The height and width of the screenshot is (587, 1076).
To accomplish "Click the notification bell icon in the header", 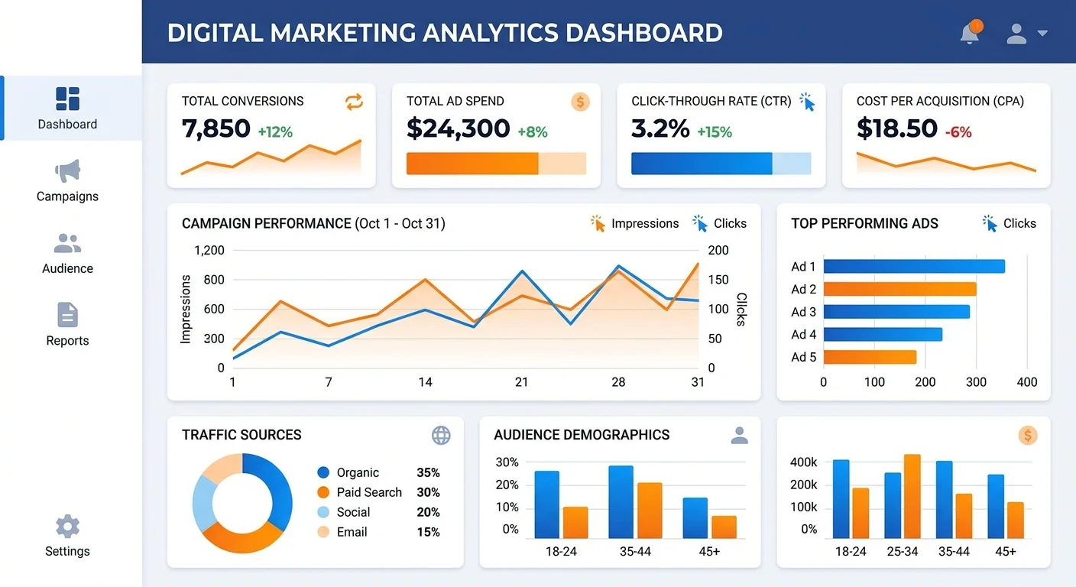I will [x=970, y=33].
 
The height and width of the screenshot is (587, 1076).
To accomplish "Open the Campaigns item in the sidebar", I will [x=67, y=181].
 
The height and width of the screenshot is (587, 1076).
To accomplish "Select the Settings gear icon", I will [x=67, y=527].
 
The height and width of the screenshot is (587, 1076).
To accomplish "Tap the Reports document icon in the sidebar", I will [x=67, y=315].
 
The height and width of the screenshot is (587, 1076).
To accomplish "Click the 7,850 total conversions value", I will [x=216, y=128].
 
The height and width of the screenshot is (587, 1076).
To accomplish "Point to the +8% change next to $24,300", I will [x=533, y=131].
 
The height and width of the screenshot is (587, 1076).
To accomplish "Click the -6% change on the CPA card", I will [x=958, y=131].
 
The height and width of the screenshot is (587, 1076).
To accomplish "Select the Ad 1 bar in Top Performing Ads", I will [x=914, y=266].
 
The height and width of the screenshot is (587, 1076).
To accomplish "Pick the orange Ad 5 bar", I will [x=870, y=357].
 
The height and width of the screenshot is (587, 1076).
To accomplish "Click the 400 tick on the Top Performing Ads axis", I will [x=1027, y=381].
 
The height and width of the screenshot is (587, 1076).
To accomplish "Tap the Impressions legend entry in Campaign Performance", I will [x=634, y=223].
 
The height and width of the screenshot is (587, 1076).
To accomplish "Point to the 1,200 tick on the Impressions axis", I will [x=209, y=250].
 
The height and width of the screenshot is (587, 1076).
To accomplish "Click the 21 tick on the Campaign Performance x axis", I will [x=521, y=381].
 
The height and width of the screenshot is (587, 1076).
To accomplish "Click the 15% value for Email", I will [x=428, y=532].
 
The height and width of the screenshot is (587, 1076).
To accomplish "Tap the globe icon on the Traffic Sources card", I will [x=441, y=435].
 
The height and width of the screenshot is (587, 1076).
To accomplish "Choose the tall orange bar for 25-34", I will [x=912, y=495].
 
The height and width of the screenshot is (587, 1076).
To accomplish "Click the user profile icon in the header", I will [x=1016, y=33].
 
